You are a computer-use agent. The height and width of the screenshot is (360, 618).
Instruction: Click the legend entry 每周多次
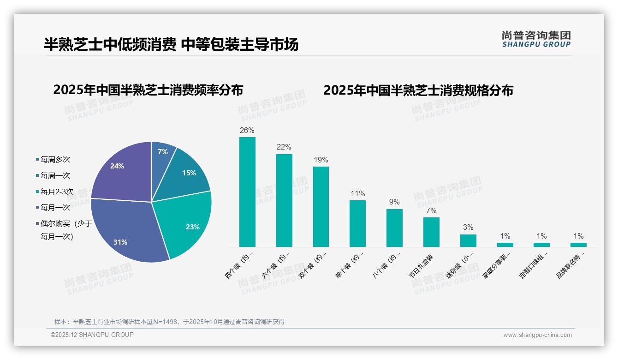(55, 160)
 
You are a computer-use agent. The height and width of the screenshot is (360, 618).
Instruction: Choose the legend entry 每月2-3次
(57, 192)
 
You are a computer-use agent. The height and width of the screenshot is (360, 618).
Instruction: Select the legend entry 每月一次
(55, 208)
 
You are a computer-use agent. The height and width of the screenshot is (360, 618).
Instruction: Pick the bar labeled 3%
(468, 240)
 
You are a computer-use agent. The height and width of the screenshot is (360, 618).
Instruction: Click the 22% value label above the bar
(284, 147)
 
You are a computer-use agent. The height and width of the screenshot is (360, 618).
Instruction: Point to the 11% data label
(357, 193)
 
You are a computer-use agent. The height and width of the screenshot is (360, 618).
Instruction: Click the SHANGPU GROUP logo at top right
(536, 39)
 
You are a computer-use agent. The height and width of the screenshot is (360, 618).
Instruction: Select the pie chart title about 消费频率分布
(148, 90)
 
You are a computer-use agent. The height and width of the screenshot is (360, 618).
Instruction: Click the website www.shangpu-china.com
(537, 335)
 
